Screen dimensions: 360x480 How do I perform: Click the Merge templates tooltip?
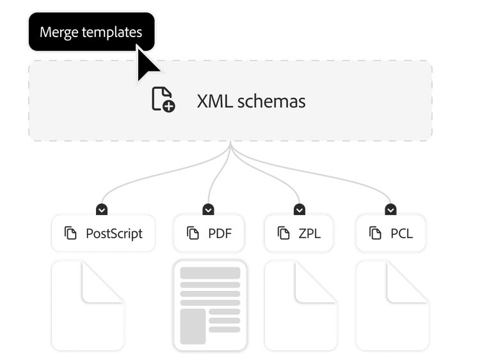[x=90, y=32]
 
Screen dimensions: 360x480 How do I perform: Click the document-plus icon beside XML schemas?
[x=163, y=101]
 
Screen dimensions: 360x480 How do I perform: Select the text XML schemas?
[x=251, y=101]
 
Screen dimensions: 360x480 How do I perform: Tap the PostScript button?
[x=103, y=233]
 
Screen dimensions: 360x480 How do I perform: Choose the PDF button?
[x=209, y=233]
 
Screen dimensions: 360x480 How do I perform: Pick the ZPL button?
[x=300, y=233]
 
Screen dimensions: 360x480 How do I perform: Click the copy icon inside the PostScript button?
[x=70, y=233]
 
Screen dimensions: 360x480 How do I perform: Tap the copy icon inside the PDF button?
[x=192, y=233]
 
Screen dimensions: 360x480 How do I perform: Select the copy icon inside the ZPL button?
[x=283, y=233]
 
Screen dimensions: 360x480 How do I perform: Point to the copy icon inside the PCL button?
[x=375, y=233]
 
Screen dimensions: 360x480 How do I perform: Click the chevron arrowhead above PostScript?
[x=103, y=210]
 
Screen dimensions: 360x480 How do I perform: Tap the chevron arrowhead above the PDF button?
[x=208, y=210]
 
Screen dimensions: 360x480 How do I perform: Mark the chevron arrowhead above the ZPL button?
[x=300, y=210]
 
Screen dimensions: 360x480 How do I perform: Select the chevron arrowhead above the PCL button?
[x=391, y=210]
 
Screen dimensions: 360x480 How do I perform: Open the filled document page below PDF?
[x=209, y=306]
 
